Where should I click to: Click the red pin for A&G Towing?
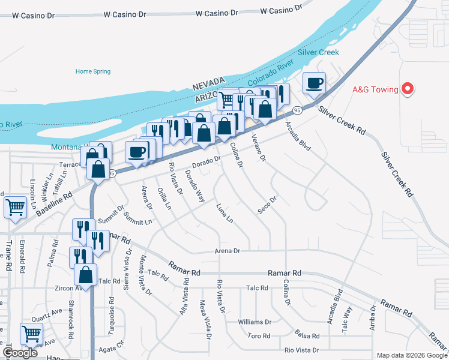(408, 90)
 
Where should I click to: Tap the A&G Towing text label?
(375, 90)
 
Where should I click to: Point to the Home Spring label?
(93, 71)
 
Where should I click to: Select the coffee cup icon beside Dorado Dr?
(136, 151)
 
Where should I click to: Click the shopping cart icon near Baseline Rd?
(15, 207)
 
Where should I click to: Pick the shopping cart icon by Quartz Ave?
(31, 332)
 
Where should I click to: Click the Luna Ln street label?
(224, 213)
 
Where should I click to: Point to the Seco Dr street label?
(267, 204)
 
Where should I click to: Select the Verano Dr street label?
(259, 147)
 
